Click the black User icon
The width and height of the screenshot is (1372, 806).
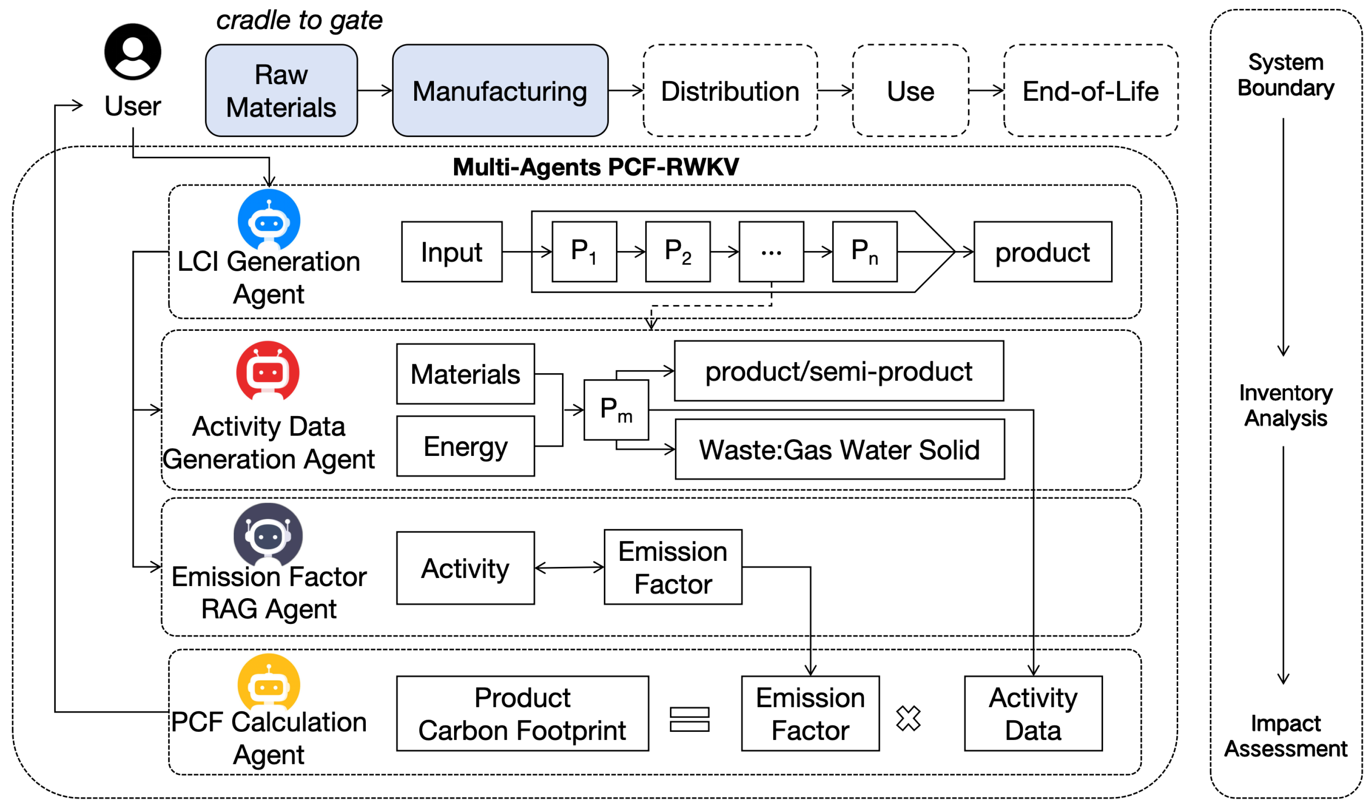[133, 52]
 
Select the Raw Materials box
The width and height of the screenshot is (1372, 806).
[281, 90]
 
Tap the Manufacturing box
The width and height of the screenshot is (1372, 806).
[500, 90]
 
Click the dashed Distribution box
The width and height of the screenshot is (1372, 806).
[730, 90]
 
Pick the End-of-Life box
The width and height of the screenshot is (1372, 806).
[1091, 90]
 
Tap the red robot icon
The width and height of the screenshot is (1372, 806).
[267, 372]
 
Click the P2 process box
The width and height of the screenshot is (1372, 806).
[678, 252]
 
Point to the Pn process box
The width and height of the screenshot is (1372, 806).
[864, 252]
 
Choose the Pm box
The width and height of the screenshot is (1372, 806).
[616, 410]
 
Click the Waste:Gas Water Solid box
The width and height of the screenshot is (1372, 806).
[840, 449]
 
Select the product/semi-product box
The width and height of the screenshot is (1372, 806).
[838, 371]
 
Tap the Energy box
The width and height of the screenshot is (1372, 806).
[466, 446]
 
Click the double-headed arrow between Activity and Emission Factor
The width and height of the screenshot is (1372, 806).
[569, 567]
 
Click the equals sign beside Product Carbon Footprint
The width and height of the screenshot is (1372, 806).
[689, 719]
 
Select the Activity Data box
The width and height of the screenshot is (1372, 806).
[1033, 713]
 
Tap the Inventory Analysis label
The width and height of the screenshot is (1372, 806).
[1285, 405]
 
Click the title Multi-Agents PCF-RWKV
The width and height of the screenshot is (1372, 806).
[596, 167]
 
